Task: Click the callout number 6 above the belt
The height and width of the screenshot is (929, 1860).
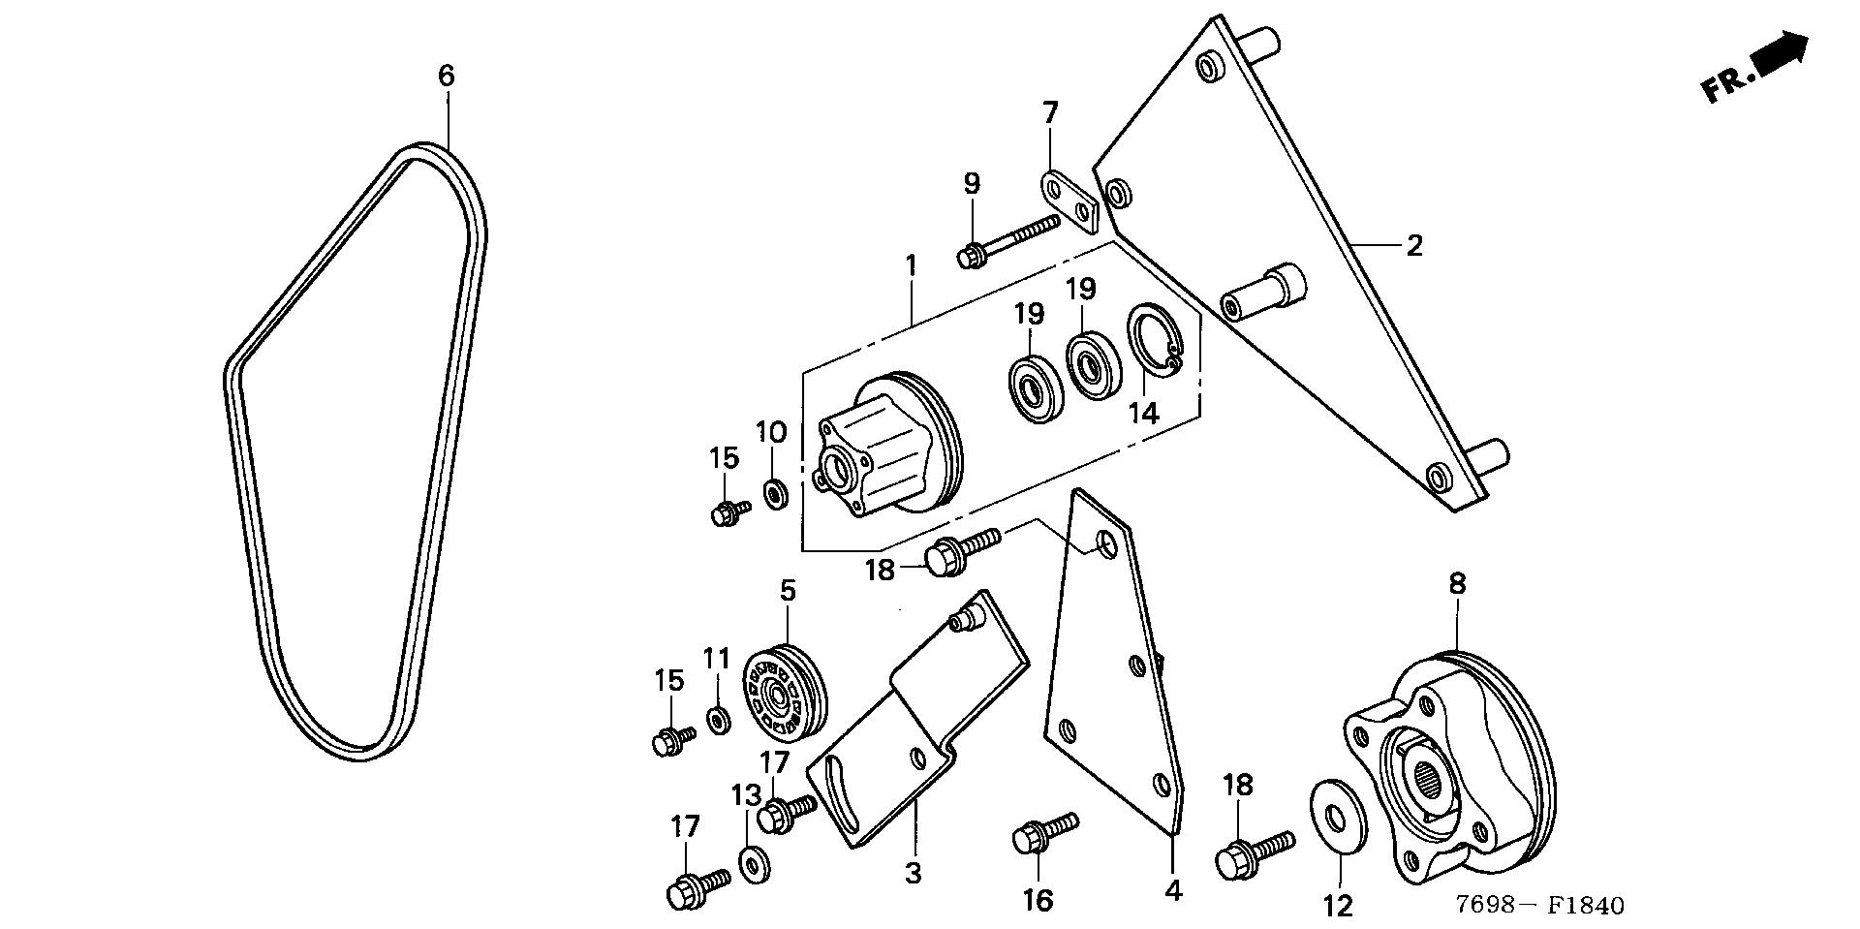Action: point(446,75)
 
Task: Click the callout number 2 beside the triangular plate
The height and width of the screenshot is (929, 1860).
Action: point(1413,246)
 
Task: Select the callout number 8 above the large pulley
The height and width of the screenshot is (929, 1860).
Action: point(1457,584)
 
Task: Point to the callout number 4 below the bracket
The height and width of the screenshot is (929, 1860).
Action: point(1173,889)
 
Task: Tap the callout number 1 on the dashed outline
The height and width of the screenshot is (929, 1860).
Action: point(910,263)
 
